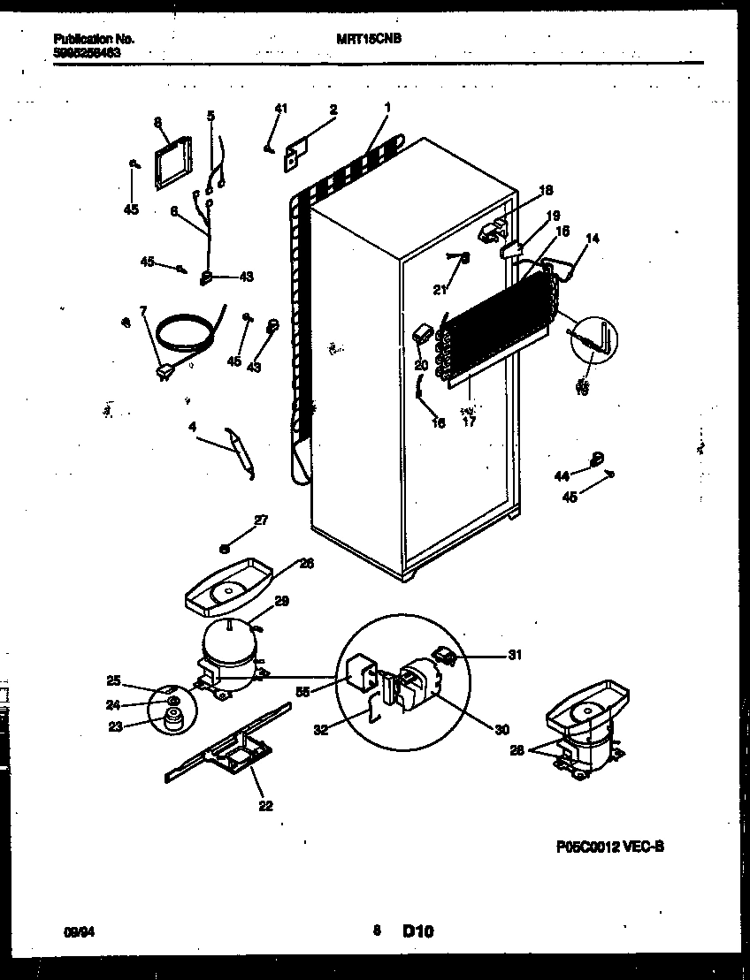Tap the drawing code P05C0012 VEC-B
(610, 846)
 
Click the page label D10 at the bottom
(418, 931)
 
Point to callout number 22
(265, 805)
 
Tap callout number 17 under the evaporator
(469, 422)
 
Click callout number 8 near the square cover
(157, 123)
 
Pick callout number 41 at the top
(280, 108)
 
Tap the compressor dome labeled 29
(227, 641)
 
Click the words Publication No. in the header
(94, 39)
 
